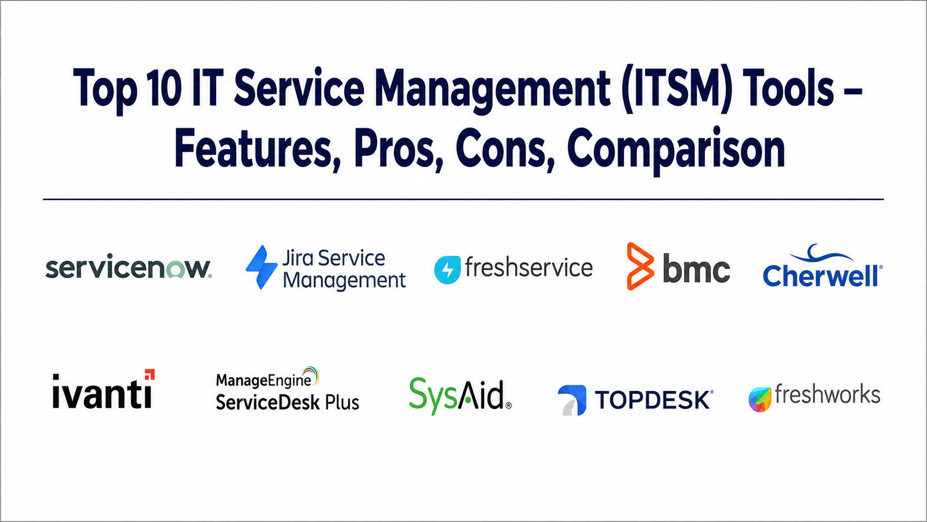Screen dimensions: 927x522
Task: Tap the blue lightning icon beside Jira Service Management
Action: click(x=262, y=267)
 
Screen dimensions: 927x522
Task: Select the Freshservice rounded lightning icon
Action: click(x=447, y=270)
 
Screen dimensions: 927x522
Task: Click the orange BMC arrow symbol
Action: click(x=640, y=266)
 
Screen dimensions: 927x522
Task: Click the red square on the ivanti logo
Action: click(x=150, y=374)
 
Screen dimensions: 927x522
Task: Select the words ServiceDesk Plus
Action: click(x=288, y=402)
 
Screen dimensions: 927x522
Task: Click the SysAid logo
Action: click(x=460, y=396)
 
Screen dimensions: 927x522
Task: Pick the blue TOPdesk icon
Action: click(x=572, y=400)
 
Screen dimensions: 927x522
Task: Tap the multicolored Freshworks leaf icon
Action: click(x=760, y=399)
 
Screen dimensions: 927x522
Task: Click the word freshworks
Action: click(x=828, y=394)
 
